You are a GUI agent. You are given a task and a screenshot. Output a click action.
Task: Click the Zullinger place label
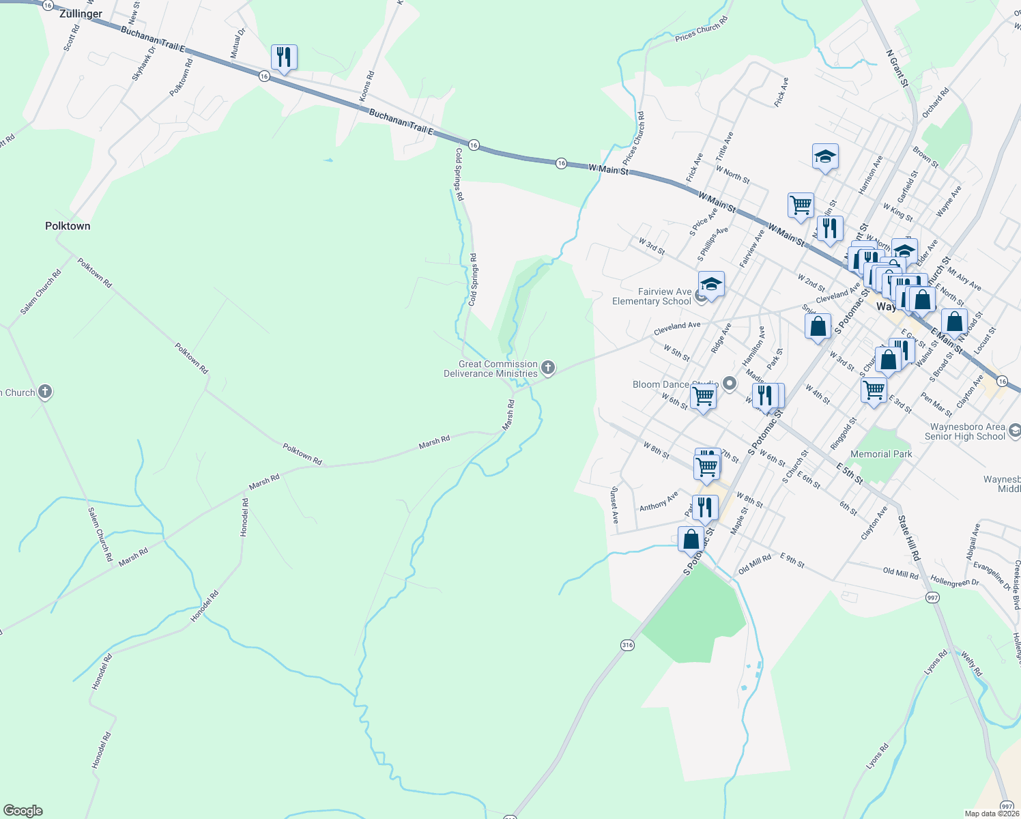tap(81, 14)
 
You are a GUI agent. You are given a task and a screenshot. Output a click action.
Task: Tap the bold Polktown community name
tap(68, 226)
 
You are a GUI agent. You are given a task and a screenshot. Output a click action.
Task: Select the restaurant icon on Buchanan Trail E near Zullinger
tap(283, 57)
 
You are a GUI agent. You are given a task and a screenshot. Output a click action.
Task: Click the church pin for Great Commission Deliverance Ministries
tap(547, 369)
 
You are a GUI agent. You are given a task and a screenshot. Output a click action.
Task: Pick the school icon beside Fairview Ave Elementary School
tap(710, 284)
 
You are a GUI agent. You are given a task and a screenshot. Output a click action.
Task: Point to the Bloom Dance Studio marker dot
tap(730, 384)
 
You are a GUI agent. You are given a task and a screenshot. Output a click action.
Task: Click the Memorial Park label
tap(881, 454)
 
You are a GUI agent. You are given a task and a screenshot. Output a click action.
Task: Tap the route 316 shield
tap(628, 645)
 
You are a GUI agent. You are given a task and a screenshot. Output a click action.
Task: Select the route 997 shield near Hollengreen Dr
tap(933, 597)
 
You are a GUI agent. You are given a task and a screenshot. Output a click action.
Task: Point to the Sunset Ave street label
tap(614, 505)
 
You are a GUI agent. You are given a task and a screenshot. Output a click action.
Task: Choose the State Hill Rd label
tap(908, 538)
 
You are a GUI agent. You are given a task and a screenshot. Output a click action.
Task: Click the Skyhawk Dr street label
tap(144, 63)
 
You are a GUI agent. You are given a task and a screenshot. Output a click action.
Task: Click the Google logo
tap(23, 811)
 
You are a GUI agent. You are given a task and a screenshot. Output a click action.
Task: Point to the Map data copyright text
tap(992, 814)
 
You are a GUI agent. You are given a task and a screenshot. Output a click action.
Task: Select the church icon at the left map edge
tap(45, 392)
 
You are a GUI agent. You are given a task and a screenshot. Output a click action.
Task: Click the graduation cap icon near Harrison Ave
tap(825, 157)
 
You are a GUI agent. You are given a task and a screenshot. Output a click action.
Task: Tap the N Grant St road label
tap(897, 68)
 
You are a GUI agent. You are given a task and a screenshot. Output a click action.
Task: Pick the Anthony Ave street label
tap(659, 502)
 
